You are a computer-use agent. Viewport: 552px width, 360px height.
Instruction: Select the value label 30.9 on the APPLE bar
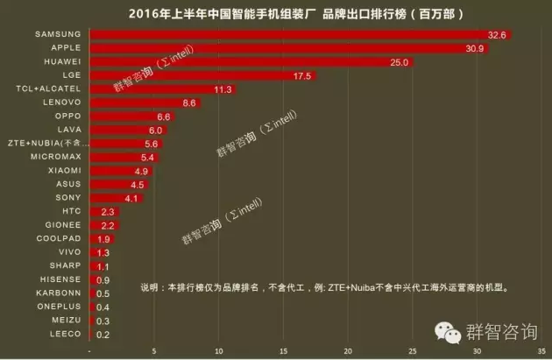[476, 48]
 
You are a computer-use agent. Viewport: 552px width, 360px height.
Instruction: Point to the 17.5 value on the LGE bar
[302, 76]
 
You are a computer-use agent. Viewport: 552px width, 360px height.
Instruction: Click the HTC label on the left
[72, 212]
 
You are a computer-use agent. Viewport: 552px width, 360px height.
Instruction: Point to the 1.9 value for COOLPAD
[103, 239]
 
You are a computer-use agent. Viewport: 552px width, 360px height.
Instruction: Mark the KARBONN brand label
[59, 293]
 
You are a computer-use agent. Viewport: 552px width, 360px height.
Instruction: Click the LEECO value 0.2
[102, 335]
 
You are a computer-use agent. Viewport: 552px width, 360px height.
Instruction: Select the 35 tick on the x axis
[541, 350]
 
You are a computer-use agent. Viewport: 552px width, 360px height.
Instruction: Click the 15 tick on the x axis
[283, 350]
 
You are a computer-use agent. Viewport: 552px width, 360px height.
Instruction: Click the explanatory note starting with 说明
[325, 286]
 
